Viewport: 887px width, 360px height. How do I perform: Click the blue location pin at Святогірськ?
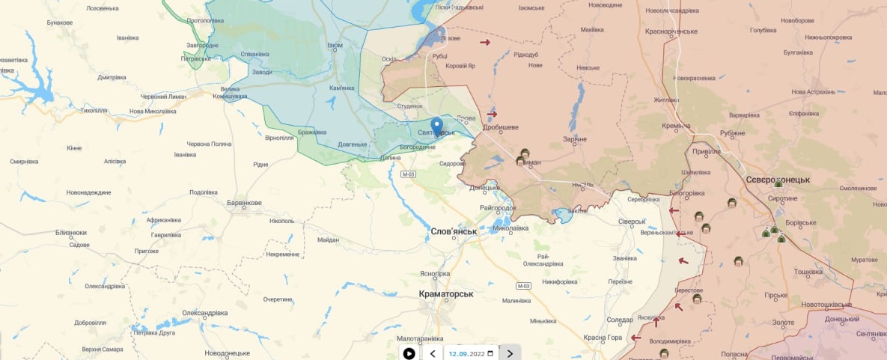(436, 126)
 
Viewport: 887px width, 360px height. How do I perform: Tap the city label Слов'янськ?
(454, 231)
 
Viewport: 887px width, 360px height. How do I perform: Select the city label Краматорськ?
(446, 294)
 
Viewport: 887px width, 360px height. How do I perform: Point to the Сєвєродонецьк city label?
(778, 180)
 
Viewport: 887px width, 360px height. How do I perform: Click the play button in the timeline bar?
(409, 353)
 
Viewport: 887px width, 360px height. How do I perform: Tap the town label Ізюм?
(335, 46)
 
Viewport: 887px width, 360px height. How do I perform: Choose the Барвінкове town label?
(245, 203)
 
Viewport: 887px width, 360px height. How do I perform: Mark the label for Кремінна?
(677, 126)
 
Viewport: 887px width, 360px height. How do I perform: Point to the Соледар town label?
(619, 320)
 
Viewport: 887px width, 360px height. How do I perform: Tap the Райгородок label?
(498, 207)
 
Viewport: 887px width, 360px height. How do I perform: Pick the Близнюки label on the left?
(71, 233)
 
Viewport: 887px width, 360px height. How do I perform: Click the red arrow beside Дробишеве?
(492, 114)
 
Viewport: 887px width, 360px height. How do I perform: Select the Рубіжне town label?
(733, 133)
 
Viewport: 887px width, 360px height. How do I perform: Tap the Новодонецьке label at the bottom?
(227, 353)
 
